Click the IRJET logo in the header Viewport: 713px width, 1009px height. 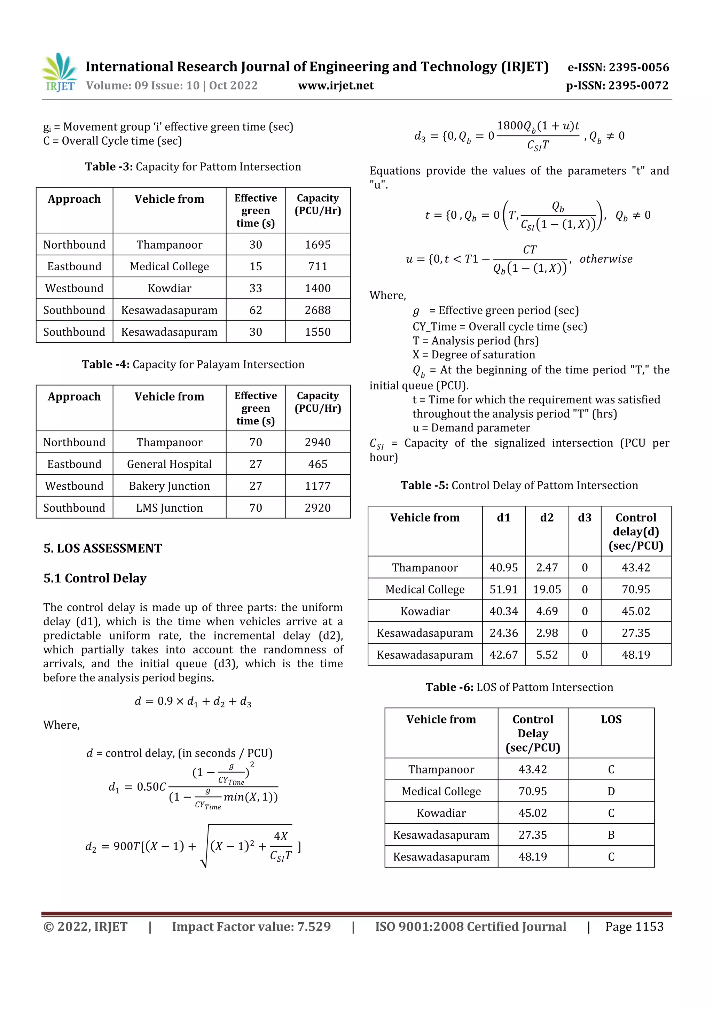pyautogui.click(x=60, y=72)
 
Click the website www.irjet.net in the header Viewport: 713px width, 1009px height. pyautogui.click(x=336, y=86)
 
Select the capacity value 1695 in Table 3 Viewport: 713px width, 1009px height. pyautogui.click(x=318, y=245)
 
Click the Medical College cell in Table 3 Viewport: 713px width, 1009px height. pyautogui.click(x=169, y=267)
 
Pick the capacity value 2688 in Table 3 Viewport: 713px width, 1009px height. pyautogui.click(x=318, y=310)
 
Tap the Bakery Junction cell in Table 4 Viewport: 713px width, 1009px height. pyautogui.click(x=169, y=486)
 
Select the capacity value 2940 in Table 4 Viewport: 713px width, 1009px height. pyautogui.click(x=318, y=443)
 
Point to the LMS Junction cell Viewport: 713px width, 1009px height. pyautogui.click(x=169, y=508)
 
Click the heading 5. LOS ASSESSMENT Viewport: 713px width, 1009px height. pyautogui.click(x=102, y=549)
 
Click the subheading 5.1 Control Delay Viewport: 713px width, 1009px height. pyautogui.click(x=95, y=578)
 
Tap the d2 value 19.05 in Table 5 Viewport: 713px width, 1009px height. pyautogui.click(x=547, y=589)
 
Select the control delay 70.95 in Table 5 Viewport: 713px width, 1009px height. pyautogui.click(x=635, y=589)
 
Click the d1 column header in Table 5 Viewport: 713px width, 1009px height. pyautogui.click(x=503, y=518)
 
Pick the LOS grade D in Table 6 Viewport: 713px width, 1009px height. pyautogui.click(x=611, y=791)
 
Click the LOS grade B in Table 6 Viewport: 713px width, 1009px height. pyautogui.click(x=611, y=835)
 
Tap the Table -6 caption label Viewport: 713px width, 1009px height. pyautogui.click(x=449, y=687)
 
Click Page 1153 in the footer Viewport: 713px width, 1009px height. pyautogui.click(x=634, y=927)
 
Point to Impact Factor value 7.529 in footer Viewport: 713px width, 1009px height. pyautogui.click(x=251, y=927)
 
